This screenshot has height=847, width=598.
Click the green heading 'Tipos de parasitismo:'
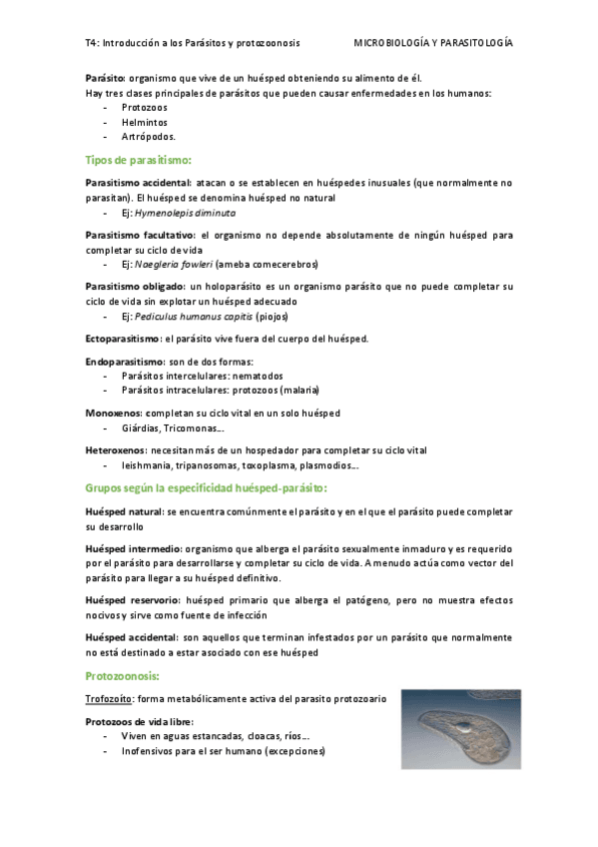click(x=138, y=160)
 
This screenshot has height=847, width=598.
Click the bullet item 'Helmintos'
click(x=145, y=122)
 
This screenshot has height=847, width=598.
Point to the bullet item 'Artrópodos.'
click(x=149, y=137)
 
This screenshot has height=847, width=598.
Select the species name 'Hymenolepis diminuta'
click(x=185, y=213)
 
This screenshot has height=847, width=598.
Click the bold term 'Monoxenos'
click(x=114, y=413)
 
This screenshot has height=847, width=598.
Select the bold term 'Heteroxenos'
click(x=118, y=450)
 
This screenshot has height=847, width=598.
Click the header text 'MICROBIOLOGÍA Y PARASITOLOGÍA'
click(x=433, y=43)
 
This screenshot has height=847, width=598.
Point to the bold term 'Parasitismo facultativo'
click(x=139, y=235)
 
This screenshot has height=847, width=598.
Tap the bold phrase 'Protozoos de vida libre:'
click(x=140, y=721)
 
